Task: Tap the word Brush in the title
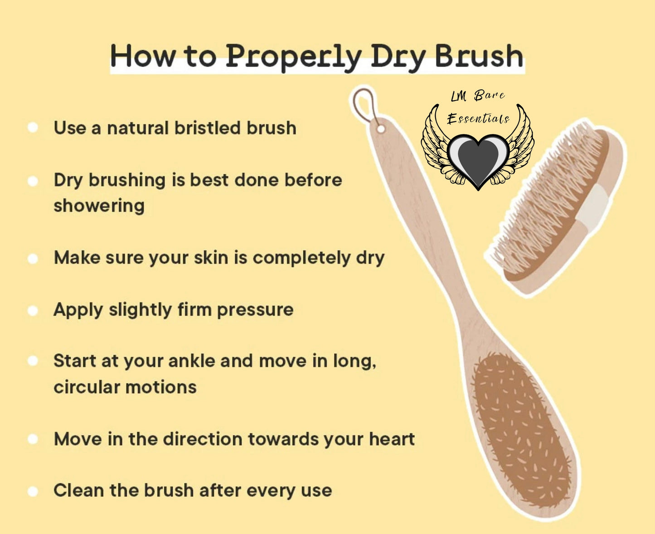[x=480, y=55]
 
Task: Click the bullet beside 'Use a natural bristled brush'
[x=33, y=127]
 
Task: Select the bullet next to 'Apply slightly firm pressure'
[x=33, y=311]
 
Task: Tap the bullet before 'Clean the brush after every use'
[x=33, y=491]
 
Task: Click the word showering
[x=99, y=206]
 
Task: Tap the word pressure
[x=255, y=310]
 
